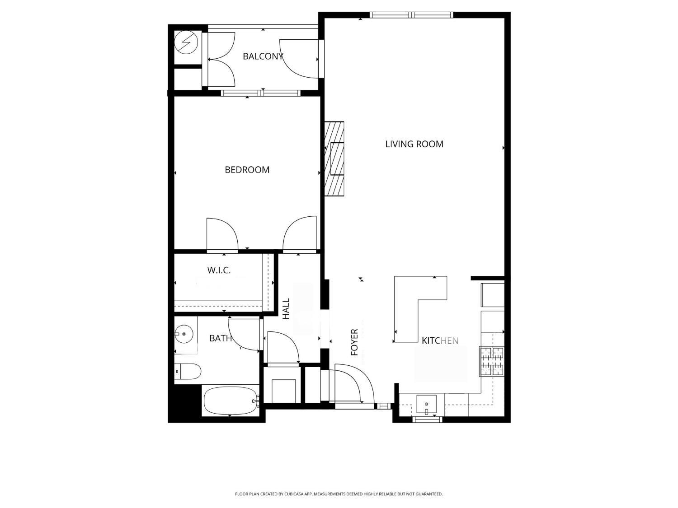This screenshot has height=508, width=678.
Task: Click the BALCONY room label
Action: (263, 56)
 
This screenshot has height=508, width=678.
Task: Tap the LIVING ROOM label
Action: (414, 144)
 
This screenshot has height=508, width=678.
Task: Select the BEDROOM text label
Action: (247, 170)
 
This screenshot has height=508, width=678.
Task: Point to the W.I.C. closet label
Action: (219, 270)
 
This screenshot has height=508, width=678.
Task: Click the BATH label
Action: (220, 338)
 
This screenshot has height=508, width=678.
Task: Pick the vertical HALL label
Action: (286, 309)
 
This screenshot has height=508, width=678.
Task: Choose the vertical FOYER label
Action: (354, 342)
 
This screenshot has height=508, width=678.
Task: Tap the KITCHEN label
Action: (440, 341)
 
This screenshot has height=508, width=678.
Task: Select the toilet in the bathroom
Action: (188, 372)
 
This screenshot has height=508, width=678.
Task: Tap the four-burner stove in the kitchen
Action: (492, 361)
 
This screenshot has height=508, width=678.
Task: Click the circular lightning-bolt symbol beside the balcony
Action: (186, 42)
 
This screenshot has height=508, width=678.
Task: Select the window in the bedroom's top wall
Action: (260, 93)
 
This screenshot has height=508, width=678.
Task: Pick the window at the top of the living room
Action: (411, 15)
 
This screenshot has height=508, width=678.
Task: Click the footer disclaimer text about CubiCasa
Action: (339, 494)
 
